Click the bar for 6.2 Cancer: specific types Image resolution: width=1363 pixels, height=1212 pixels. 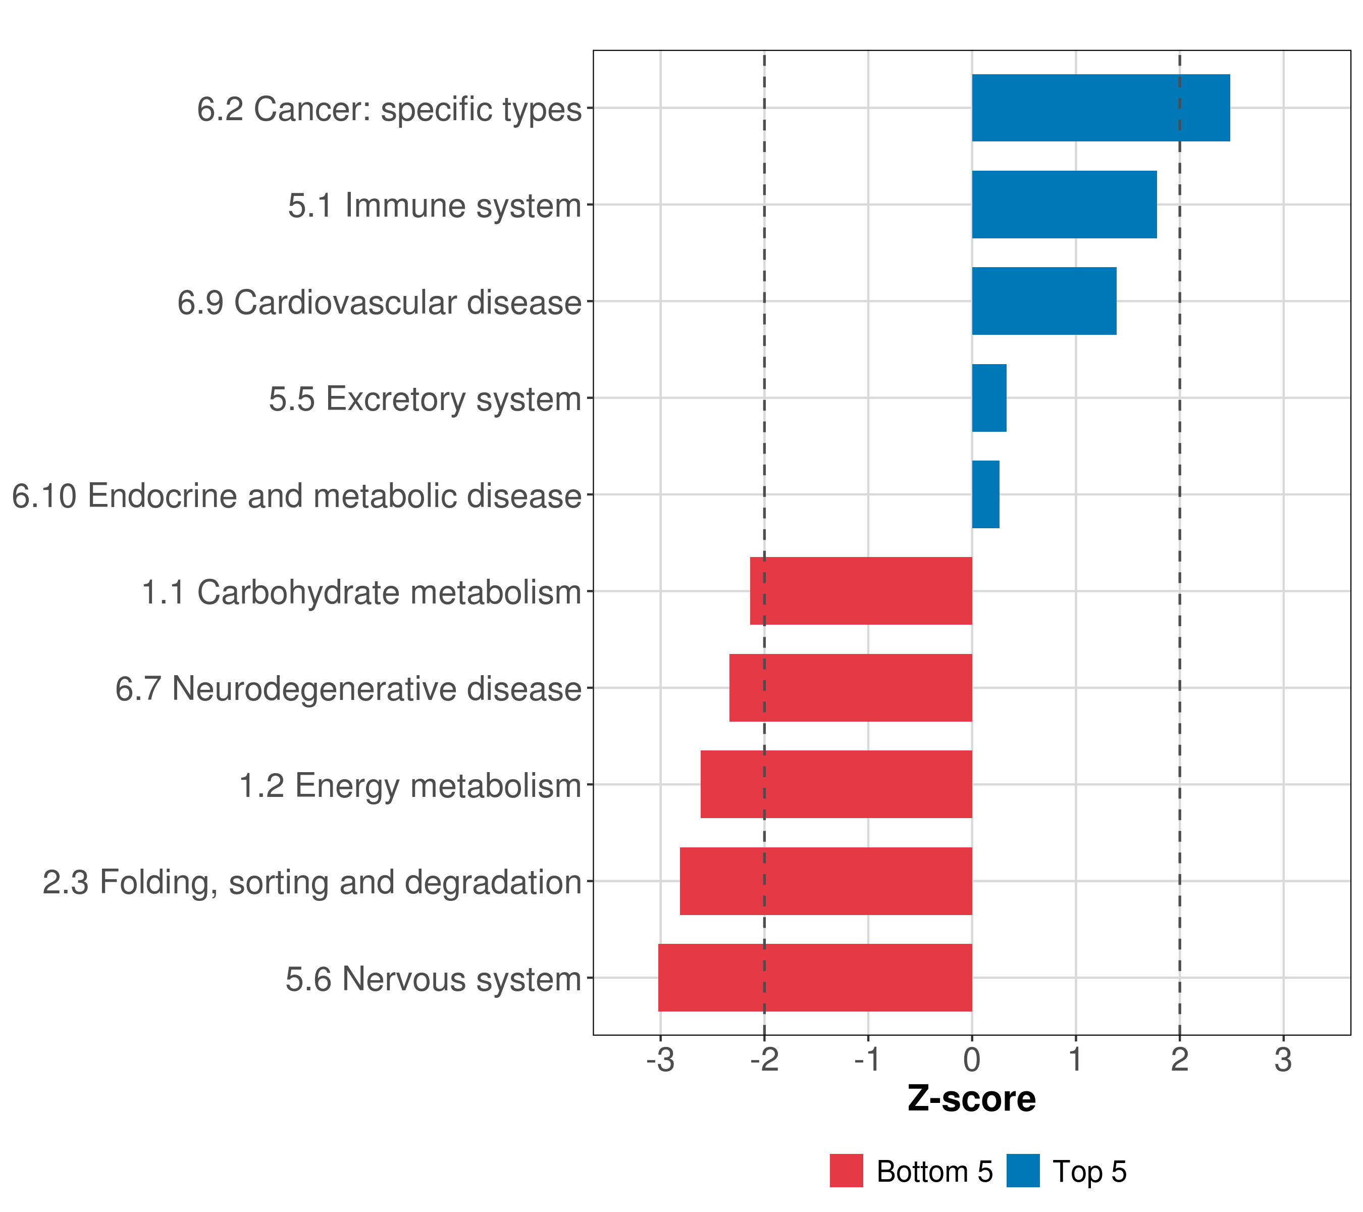click(1100, 108)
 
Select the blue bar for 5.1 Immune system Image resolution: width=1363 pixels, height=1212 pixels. click(1064, 205)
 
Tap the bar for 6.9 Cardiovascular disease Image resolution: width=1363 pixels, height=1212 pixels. click(1043, 301)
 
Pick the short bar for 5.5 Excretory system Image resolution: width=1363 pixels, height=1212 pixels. click(989, 398)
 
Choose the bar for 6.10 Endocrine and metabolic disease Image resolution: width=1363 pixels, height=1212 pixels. click(985, 494)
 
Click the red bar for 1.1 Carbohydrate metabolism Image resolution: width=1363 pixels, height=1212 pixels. click(860, 591)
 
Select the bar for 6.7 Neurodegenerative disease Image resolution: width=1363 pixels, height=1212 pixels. click(850, 688)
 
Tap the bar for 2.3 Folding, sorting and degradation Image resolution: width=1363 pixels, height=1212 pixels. click(825, 881)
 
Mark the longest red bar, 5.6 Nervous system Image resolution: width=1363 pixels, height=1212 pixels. click(815, 978)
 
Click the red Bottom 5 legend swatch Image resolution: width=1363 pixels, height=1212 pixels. click(846, 1171)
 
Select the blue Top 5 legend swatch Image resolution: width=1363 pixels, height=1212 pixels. click(1023, 1171)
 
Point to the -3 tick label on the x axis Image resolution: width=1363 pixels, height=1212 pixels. click(660, 1060)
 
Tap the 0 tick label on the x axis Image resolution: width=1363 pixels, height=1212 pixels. click(972, 1060)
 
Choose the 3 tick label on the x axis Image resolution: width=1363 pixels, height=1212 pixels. click(1283, 1060)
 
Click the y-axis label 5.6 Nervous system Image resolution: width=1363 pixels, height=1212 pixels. click(434, 979)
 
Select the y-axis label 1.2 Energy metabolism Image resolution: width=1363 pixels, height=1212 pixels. click(410, 786)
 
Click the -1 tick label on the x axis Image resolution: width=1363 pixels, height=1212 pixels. click(868, 1060)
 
